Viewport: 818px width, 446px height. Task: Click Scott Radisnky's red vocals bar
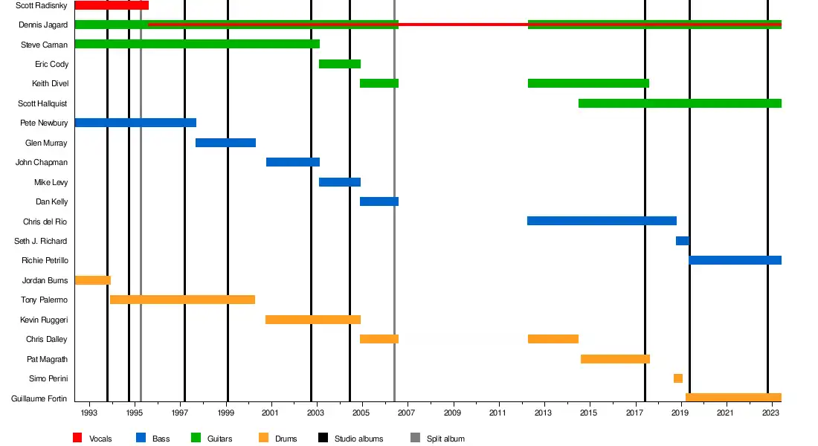pos(112,5)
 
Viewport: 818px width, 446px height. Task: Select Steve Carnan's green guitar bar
pos(197,44)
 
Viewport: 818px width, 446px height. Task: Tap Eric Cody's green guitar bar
pos(340,64)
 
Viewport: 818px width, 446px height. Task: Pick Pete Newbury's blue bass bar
pos(135,123)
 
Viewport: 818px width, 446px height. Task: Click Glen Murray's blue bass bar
pos(225,143)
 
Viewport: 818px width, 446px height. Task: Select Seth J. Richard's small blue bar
pos(682,241)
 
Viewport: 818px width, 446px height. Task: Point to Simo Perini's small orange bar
pos(678,378)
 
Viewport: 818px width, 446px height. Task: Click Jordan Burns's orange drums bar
pos(92,280)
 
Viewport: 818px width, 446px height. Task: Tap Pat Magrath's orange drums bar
pos(615,359)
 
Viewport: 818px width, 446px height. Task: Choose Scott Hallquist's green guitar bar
pos(680,103)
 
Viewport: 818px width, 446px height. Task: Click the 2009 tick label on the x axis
pos(453,413)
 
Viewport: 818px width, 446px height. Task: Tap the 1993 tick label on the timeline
pos(88,413)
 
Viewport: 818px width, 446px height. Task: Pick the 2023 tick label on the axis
pos(771,413)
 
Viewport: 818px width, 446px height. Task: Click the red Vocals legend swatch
pos(77,438)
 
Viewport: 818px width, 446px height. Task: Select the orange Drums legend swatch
pos(263,438)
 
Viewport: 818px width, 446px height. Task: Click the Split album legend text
pos(445,439)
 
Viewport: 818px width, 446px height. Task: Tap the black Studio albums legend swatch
pos(323,438)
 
